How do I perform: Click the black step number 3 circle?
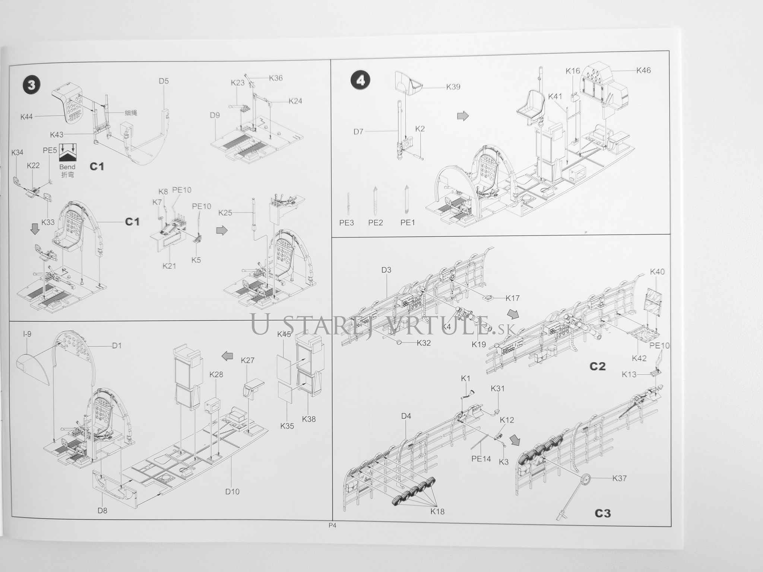click(x=31, y=85)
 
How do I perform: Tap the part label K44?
click(x=27, y=117)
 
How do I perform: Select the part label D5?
click(x=164, y=81)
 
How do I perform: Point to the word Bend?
click(x=67, y=167)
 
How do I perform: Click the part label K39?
click(x=453, y=87)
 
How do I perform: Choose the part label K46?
click(x=643, y=70)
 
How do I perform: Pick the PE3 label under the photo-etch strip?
click(x=346, y=223)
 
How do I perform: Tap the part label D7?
click(x=358, y=132)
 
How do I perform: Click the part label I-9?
click(x=27, y=334)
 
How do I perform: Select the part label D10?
click(x=232, y=492)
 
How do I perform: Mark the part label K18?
click(x=437, y=511)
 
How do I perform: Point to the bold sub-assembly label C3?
click(x=603, y=514)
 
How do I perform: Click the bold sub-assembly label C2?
click(x=598, y=366)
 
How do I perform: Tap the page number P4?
click(x=332, y=525)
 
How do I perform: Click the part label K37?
click(x=620, y=478)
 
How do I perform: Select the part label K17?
click(x=512, y=298)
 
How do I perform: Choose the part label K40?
click(x=657, y=272)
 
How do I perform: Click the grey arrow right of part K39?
click(x=463, y=116)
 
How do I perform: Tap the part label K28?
click(x=216, y=375)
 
